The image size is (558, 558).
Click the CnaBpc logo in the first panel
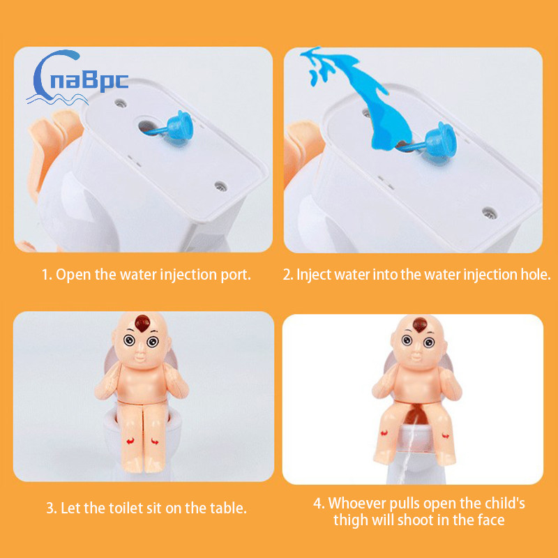pyautogui.click(x=77, y=78)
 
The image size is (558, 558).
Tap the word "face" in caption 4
pyautogui.click(x=491, y=520)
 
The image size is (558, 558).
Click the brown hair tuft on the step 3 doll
pyautogui.click(x=143, y=323)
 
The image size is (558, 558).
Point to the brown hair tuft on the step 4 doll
pyautogui.click(x=420, y=324)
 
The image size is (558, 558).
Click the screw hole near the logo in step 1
pyautogui.click(x=121, y=103)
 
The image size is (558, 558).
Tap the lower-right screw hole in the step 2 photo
pyautogui.click(x=490, y=213)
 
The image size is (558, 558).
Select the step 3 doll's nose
pyautogui.click(x=141, y=354)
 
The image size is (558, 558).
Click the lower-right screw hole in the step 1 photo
pyautogui.click(x=220, y=186)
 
